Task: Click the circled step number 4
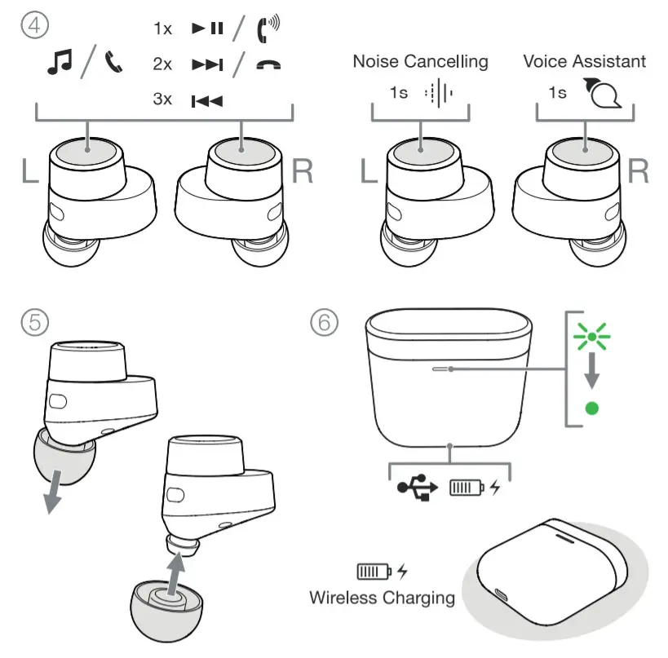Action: pos(33,28)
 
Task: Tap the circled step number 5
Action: pos(33,323)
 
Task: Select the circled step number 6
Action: pos(323,323)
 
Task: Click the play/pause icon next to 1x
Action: pos(207,29)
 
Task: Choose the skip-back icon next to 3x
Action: pos(207,101)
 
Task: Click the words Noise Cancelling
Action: pos(420,61)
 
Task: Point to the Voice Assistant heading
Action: pos(584,61)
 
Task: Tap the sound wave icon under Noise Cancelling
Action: pos(438,93)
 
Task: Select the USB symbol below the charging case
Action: pos(418,488)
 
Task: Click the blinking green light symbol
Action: pos(591,335)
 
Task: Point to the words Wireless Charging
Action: pos(382,597)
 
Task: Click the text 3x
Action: pos(163,100)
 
